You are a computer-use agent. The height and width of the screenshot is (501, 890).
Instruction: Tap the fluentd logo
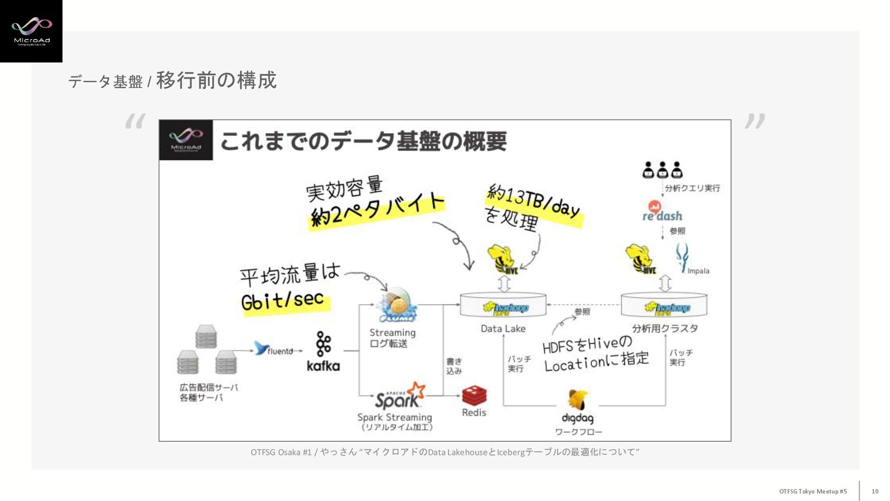(273, 349)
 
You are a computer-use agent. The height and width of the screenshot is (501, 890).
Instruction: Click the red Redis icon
(474, 396)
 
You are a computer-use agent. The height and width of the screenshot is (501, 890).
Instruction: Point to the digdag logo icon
(578, 400)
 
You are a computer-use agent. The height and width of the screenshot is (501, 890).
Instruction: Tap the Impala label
(698, 271)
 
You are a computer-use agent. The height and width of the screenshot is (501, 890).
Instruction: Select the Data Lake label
(503, 329)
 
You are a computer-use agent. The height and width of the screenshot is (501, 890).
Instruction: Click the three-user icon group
(662, 170)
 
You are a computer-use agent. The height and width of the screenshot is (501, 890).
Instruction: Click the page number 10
(875, 491)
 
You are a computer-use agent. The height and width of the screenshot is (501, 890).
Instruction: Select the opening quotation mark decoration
(135, 121)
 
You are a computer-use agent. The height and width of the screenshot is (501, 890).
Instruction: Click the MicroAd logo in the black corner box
(31, 31)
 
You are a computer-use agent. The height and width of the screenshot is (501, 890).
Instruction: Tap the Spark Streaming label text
(394, 417)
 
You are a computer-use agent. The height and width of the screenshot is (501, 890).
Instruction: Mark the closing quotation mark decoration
(755, 121)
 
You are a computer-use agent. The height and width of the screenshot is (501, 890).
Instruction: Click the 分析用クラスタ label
(665, 329)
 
